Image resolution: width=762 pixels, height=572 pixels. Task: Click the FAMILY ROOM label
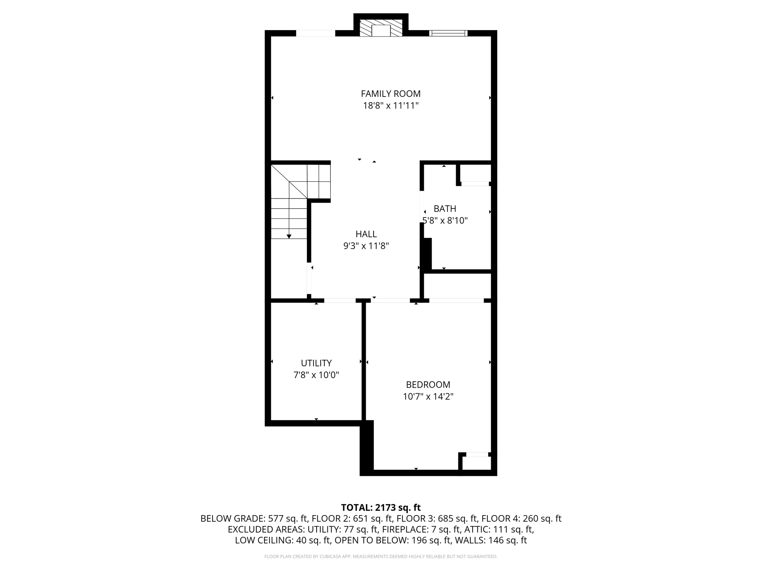[x=391, y=94]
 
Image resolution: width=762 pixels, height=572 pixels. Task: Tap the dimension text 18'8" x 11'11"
[x=391, y=106]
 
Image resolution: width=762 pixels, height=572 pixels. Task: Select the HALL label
[x=366, y=234]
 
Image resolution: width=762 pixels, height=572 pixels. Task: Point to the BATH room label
[x=445, y=209]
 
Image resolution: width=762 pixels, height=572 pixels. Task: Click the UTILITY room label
[x=316, y=363]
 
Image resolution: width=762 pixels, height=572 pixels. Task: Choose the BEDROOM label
[x=428, y=385]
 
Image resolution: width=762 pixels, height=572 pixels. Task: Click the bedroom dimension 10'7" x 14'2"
[x=428, y=397]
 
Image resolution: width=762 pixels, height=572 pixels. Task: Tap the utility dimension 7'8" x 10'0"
[x=316, y=375]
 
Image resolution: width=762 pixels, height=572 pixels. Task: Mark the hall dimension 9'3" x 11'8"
[x=366, y=246]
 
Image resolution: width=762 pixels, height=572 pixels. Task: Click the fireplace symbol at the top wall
[x=381, y=28]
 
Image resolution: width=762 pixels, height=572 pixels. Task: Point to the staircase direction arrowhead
[x=289, y=236]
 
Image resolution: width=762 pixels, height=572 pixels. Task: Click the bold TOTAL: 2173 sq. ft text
[x=381, y=508]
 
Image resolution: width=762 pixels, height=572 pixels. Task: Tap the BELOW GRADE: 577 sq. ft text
[x=254, y=518]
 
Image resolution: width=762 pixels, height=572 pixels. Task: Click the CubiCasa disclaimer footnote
[x=381, y=557]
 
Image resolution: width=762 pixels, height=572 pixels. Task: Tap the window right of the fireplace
[x=448, y=33]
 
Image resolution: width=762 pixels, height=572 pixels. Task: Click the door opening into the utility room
[x=340, y=300]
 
